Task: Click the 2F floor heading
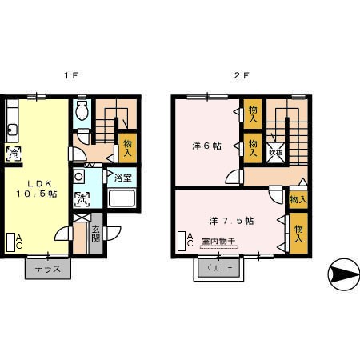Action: [x=241, y=76]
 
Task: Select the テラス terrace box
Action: [x=49, y=270]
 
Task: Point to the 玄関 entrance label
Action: [x=96, y=234]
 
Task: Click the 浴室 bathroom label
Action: [x=123, y=177]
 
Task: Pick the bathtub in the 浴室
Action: [x=122, y=199]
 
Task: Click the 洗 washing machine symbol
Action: [x=82, y=198]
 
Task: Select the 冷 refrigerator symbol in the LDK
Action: [x=14, y=152]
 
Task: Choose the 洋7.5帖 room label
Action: [x=231, y=220]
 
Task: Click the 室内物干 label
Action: [x=218, y=241]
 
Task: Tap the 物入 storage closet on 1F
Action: [x=126, y=148]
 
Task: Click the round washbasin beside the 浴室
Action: [x=78, y=177]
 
